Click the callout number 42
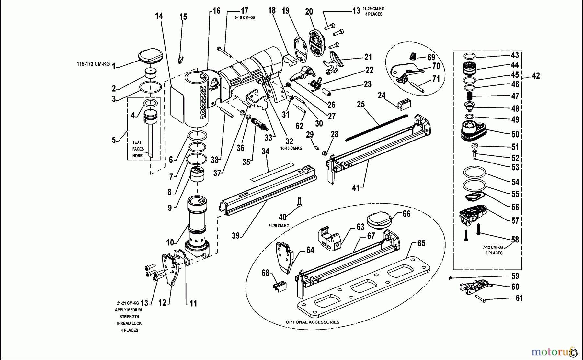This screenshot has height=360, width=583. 536,76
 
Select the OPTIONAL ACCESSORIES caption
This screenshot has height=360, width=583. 312,322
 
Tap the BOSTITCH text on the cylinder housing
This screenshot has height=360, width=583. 203,103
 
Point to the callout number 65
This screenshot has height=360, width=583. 421,243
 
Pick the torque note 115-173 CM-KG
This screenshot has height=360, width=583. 93,64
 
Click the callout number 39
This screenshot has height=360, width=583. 236,236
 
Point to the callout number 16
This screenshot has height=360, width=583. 216,11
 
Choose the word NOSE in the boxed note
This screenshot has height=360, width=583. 137,156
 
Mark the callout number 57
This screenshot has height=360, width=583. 515,220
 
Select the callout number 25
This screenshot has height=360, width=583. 361,104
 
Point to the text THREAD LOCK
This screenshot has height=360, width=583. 129,323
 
